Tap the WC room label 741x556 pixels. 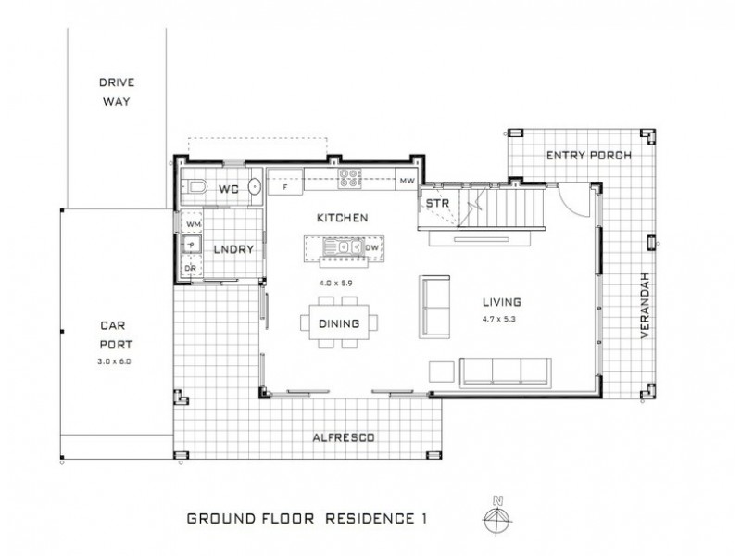229,190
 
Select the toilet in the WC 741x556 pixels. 195,187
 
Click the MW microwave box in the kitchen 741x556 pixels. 407,180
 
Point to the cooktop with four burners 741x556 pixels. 349,179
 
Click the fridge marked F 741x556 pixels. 285,182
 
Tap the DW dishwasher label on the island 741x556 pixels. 372,247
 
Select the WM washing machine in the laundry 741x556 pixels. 193,223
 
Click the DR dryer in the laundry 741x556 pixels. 191,267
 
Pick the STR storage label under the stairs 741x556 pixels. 437,204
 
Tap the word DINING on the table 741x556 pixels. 339,323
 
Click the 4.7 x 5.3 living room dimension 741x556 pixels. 499,319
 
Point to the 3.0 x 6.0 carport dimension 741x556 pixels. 114,361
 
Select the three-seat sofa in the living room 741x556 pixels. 506,373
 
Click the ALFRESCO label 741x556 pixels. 344,437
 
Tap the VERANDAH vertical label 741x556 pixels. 646,306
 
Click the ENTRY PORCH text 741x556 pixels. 589,155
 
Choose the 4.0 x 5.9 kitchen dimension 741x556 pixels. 335,284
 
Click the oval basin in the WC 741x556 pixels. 256,187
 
